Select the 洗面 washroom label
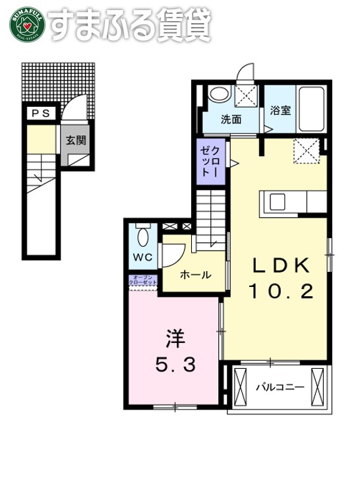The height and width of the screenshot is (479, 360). pyautogui.click(x=230, y=119)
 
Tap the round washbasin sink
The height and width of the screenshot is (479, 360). pyautogui.click(x=217, y=95)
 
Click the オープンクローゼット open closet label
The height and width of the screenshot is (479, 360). pyautogui.click(x=144, y=279)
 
